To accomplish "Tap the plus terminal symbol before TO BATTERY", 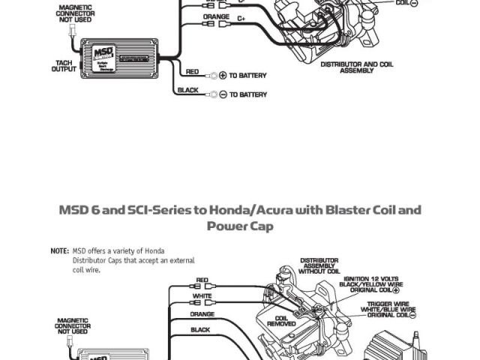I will (x=222, y=76).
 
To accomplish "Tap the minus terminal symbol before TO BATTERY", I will (x=222, y=94).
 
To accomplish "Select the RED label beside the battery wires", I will (x=192, y=72).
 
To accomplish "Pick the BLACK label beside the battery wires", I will (x=187, y=90).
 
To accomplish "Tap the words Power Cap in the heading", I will (x=239, y=226).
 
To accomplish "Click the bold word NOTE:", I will (x=59, y=250).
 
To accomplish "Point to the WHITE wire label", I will (x=202, y=297).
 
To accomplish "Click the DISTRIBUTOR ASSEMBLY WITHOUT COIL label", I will (x=319, y=265).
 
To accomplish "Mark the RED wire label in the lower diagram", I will (x=202, y=280).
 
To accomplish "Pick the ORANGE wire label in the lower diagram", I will (x=202, y=314).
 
